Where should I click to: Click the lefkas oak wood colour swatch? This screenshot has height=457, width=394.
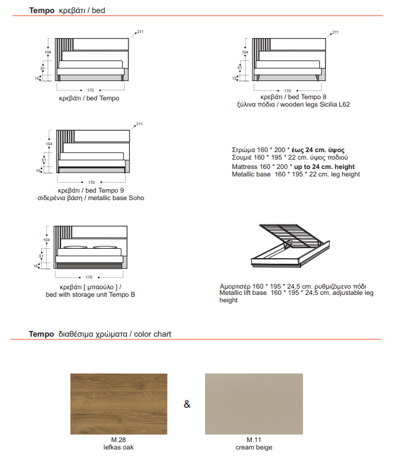pos(119,403)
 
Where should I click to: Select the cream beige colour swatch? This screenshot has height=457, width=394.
pos(254,403)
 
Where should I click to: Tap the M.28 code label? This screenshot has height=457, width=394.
pos(118,440)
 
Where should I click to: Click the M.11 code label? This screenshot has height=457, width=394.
pos(254,440)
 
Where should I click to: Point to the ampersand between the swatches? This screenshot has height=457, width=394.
pos(186,405)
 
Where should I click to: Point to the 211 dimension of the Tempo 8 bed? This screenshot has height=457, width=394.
pos(335,32)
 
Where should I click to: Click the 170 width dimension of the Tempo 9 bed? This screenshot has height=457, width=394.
pos(92,182)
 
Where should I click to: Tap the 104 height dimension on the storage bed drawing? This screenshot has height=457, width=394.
pos(46,240)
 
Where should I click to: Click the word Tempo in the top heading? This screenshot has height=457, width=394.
pos(42,11)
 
